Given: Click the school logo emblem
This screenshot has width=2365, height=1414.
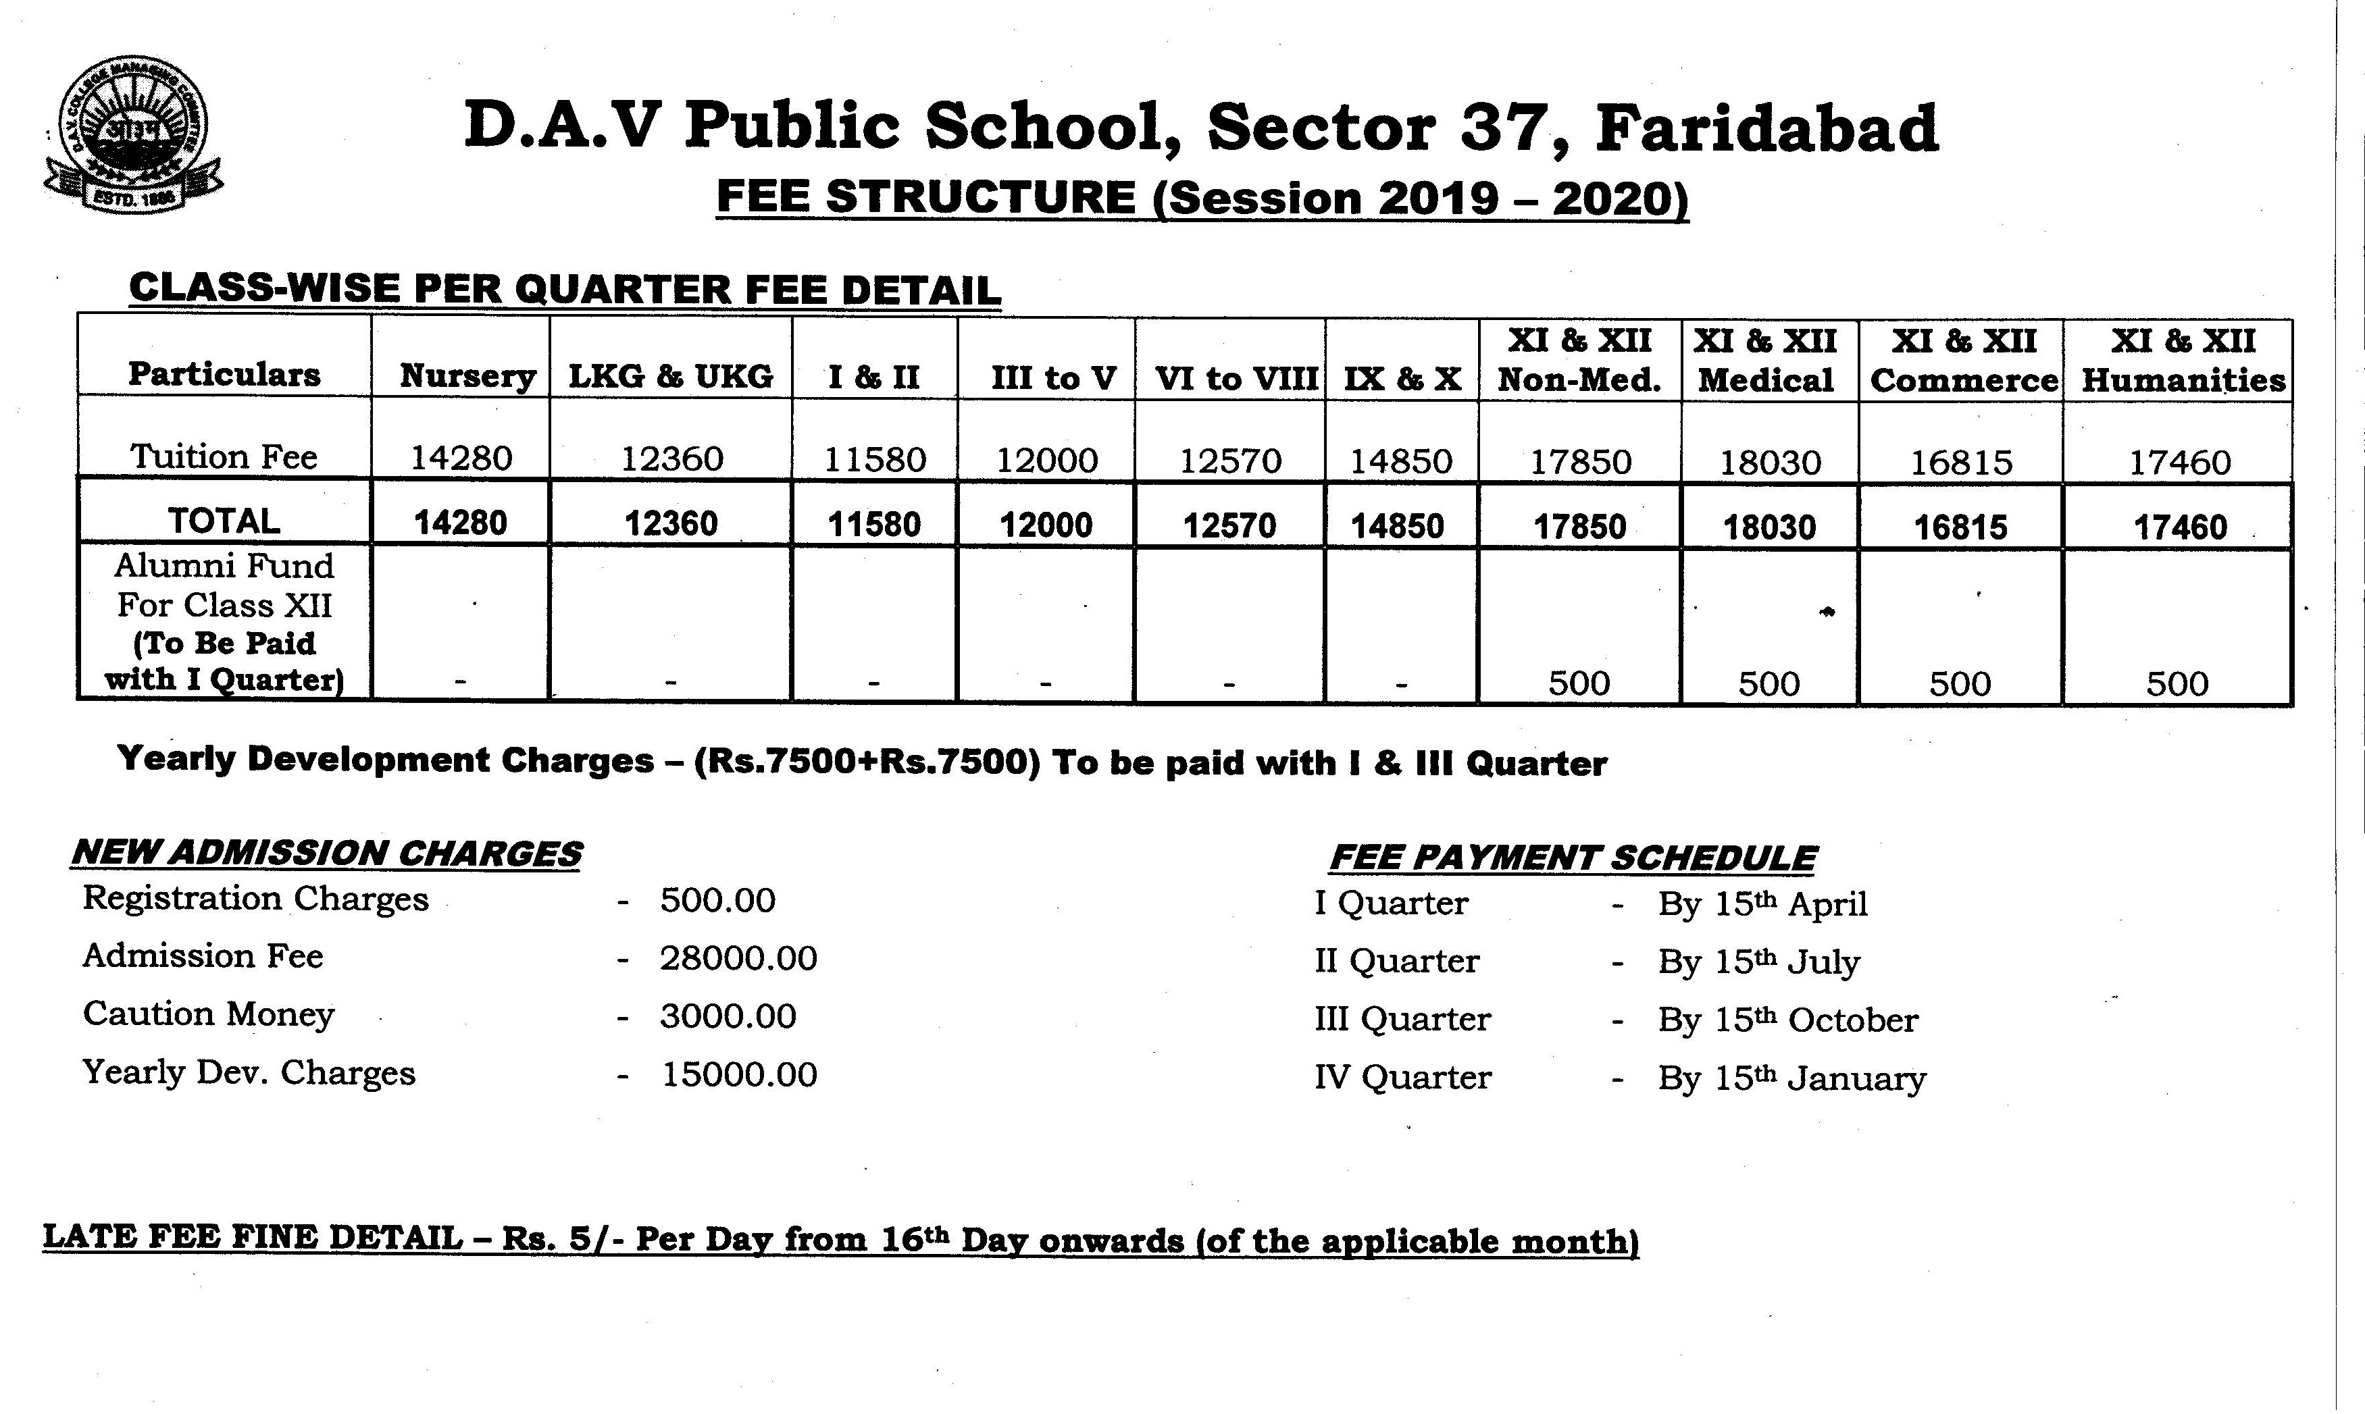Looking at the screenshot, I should (x=134, y=134).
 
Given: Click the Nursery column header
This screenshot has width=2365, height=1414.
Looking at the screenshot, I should (x=467, y=375).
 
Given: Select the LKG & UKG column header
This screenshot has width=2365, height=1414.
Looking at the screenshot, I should (x=670, y=376).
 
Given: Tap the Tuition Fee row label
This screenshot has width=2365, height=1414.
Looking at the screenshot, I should (x=224, y=457).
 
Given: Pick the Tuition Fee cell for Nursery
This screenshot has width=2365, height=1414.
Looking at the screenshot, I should (x=461, y=459).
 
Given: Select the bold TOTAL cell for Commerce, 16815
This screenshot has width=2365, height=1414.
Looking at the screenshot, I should (x=1961, y=527).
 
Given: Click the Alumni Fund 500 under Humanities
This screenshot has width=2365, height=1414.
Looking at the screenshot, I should (x=2177, y=683).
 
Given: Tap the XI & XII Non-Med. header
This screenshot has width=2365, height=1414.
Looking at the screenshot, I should (x=1579, y=360).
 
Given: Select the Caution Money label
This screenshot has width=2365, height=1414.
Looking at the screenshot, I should (x=209, y=1014).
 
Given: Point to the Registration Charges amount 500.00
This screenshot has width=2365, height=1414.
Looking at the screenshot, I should (x=718, y=900).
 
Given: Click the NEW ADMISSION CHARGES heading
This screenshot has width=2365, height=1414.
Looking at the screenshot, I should (x=327, y=854).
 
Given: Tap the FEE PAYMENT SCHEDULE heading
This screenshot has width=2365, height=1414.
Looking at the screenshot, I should (x=1573, y=858).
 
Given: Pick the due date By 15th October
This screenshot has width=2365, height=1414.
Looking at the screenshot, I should (x=1787, y=1020).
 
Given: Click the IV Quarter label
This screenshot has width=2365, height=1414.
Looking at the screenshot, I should (x=1402, y=1078).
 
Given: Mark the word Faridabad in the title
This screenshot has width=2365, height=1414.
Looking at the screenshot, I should (x=1767, y=128).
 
